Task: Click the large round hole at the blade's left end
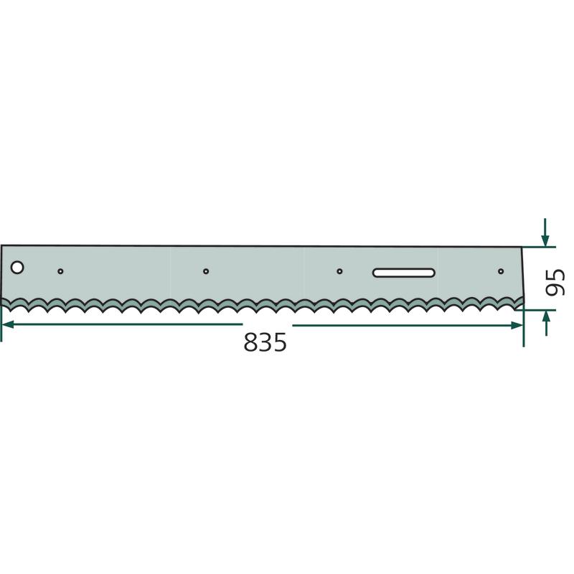tap(17, 268)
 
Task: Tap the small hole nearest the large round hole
tap(60, 271)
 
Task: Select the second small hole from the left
tap(206, 271)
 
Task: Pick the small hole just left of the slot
tap(339, 271)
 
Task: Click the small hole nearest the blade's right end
tap(501, 271)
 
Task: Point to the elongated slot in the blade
tap(404, 273)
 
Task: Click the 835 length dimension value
tap(265, 342)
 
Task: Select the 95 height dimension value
tap(555, 282)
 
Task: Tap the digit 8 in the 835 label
tap(250, 342)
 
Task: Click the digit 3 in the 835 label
tap(265, 342)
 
